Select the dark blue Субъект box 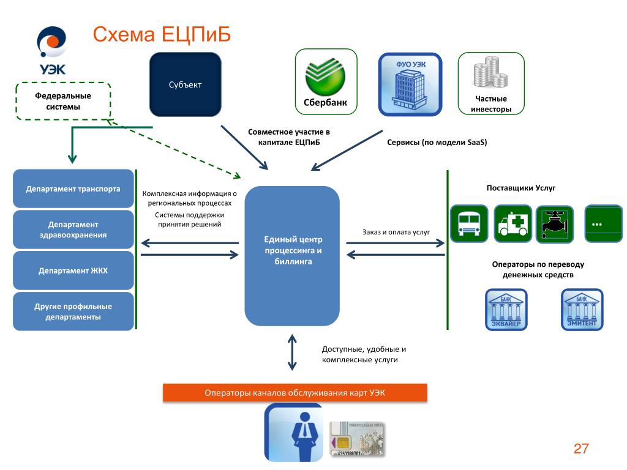[186, 84]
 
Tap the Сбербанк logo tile [325, 81]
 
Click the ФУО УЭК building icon [410, 84]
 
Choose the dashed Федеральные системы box [63, 102]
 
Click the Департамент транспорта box [73, 188]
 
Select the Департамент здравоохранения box [73, 229]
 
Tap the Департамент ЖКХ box [73, 270]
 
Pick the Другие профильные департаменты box [73, 311]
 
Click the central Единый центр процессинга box [292, 256]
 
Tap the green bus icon [469, 223]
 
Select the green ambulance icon [512, 223]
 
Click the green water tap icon [554, 223]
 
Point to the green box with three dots [603, 223]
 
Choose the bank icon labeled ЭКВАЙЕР [506, 310]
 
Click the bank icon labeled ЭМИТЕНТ [582, 310]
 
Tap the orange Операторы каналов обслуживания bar [295, 393]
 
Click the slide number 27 [580, 449]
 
